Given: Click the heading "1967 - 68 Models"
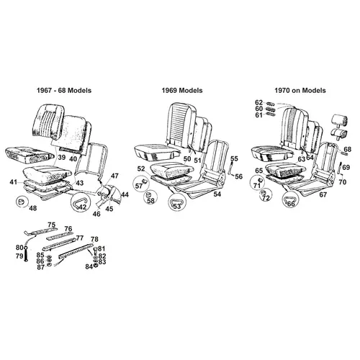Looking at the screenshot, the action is click(x=64, y=91).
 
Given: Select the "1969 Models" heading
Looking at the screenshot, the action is click(x=182, y=91).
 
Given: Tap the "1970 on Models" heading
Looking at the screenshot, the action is click(x=300, y=91).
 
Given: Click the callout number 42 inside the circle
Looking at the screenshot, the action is click(x=82, y=207).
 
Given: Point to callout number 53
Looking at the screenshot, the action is click(x=177, y=207).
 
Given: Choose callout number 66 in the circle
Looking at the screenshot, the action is click(x=291, y=204).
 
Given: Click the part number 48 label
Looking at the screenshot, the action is click(x=33, y=208).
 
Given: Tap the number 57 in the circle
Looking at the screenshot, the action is click(x=139, y=186).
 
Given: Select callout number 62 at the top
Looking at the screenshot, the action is click(x=258, y=102).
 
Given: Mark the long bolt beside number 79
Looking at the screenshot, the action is click(x=26, y=255).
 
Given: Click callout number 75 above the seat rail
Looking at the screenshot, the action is click(x=51, y=225).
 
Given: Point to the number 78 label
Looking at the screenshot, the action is click(x=94, y=239).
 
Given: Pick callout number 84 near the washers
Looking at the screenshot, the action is click(x=89, y=266).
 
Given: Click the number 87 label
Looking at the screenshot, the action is click(x=41, y=267).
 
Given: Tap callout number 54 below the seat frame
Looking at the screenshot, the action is click(x=217, y=194).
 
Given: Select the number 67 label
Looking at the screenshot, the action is click(x=323, y=194).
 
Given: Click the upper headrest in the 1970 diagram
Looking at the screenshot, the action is click(x=340, y=120).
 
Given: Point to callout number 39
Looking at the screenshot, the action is click(x=61, y=158).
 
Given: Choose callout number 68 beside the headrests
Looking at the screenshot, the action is click(x=347, y=149).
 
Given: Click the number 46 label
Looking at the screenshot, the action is click(x=96, y=214).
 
